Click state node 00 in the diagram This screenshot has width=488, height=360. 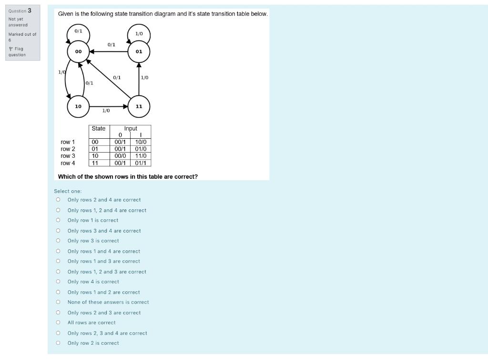[78, 51]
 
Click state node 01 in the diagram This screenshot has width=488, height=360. [139, 51]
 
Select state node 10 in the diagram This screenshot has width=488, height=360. [78, 106]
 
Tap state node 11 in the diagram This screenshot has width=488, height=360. [139, 106]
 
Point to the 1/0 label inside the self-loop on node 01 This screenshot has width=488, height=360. [139, 34]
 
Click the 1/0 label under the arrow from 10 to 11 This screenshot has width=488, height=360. [106, 111]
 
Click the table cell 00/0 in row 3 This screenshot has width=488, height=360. [120, 156]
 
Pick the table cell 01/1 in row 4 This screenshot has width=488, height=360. [140, 163]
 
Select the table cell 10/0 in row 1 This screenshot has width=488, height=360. [140, 142]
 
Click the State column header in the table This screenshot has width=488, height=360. [99, 129]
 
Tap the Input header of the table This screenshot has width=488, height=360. [130, 129]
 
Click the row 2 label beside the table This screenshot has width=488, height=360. [68, 149]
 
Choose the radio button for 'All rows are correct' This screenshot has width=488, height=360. [58, 323]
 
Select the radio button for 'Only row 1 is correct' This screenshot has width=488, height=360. [58, 220]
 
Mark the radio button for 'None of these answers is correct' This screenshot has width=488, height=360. [58, 302]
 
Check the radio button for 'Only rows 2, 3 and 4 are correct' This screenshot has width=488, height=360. [58, 333]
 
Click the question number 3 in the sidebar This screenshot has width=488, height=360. [30, 10]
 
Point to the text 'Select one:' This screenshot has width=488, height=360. [68, 191]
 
